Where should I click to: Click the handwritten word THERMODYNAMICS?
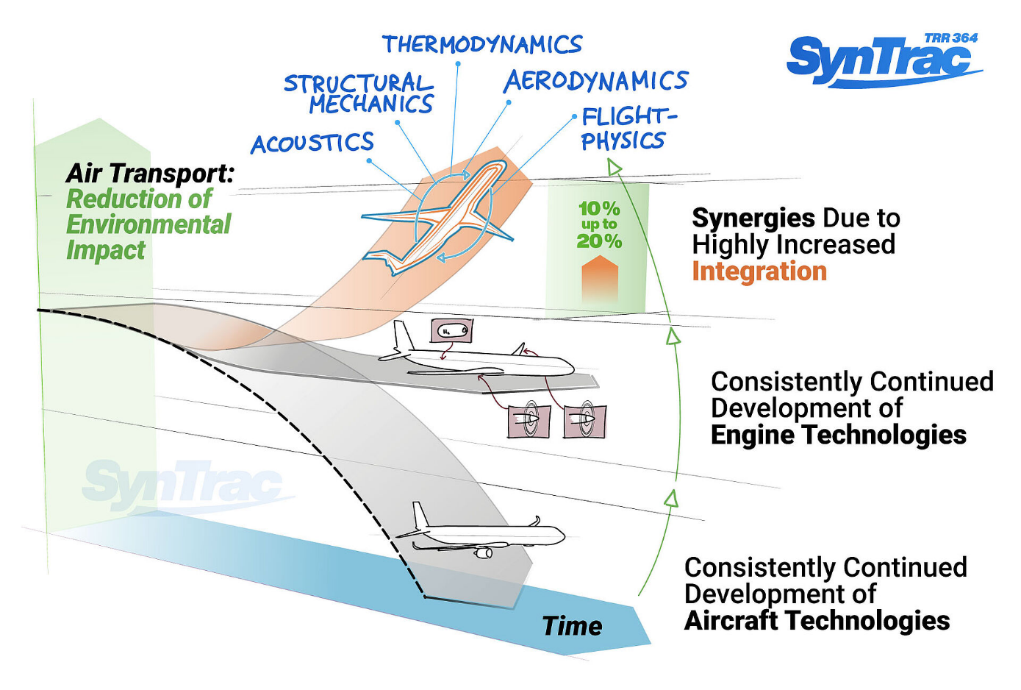pyautogui.click(x=482, y=46)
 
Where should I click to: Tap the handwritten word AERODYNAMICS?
pyautogui.click(x=595, y=81)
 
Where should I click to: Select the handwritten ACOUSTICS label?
pyautogui.click(x=312, y=143)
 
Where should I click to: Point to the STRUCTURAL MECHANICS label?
pyautogui.click(x=360, y=94)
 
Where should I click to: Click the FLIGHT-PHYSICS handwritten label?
pyautogui.click(x=626, y=129)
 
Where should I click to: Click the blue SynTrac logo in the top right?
pyautogui.click(x=882, y=60)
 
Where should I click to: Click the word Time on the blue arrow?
pyautogui.click(x=572, y=626)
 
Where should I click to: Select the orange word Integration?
pyautogui.click(x=759, y=271)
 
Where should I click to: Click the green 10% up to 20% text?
pyautogui.click(x=599, y=224)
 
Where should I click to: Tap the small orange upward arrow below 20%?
pyautogui.click(x=600, y=279)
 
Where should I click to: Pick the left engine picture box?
pyautogui.click(x=529, y=421)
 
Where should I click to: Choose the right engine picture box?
pyautogui.click(x=585, y=420)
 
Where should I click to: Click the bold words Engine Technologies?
pyautogui.click(x=838, y=435)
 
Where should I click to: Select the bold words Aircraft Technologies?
pyautogui.click(x=817, y=621)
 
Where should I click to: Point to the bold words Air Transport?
pyautogui.click(x=150, y=174)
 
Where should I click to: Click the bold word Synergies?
pyautogui.click(x=753, y=218)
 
